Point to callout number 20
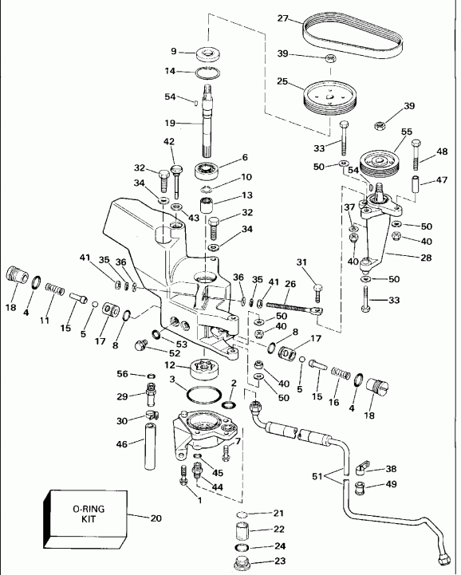coord(156,518)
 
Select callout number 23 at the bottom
coord(278,561)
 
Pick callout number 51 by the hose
coord(317,477)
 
